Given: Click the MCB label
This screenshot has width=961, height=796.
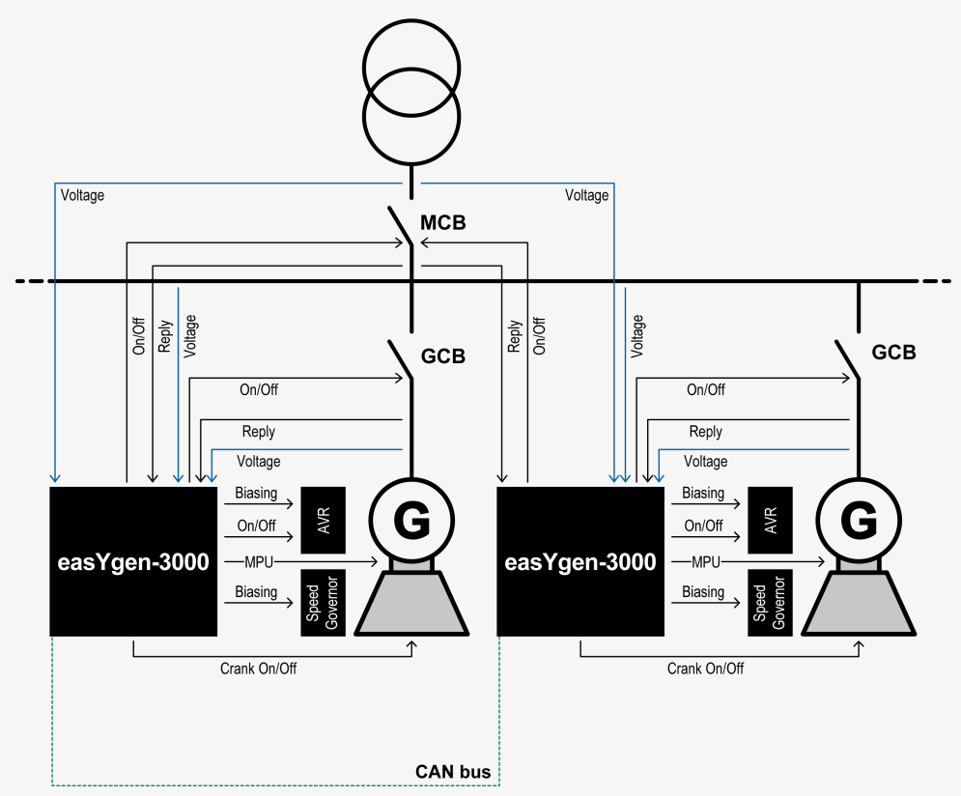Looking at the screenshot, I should tap(442, 223).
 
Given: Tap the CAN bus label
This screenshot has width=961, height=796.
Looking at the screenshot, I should tap(453, 772).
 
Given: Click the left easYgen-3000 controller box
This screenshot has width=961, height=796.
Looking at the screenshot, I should tap(132, 561).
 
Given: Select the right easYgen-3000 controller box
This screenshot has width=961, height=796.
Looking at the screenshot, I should tap(579, 561).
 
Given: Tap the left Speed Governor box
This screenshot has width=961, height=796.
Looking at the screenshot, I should tap(324, 603).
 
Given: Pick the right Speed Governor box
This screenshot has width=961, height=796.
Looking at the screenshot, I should tap(770, 603).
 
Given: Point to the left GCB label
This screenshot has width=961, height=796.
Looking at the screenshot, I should tap(442, 356).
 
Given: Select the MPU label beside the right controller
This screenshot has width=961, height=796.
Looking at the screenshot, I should tap(705, 561).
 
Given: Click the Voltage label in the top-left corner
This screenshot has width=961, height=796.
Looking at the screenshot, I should tap(82, 195).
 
